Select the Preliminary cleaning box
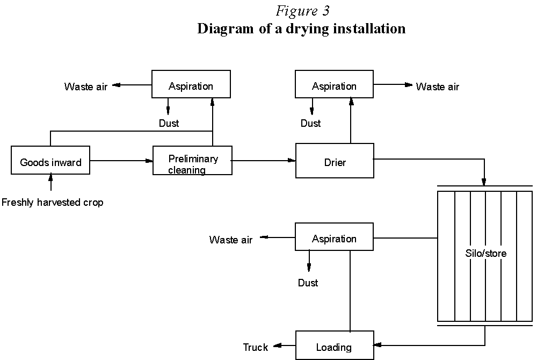pos(193,161)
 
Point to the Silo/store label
pos(485,253)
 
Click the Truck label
pos(255,347)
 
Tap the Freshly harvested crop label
pos(52,203)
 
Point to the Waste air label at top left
pos(86,87)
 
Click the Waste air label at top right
pos(438,87)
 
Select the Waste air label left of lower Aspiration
pos(231,240)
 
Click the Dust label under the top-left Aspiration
pos(169,123)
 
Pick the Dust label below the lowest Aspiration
pos(308,283)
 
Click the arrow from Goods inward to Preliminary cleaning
pos(121,160)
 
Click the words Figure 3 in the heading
pos(302,11)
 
